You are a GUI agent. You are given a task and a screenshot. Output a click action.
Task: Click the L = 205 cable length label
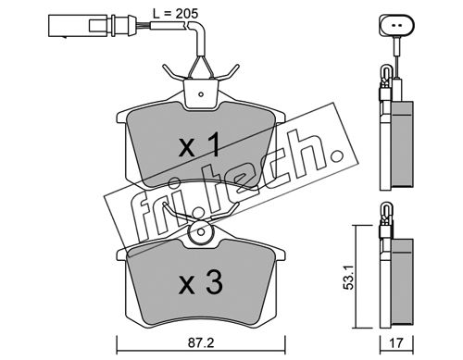175,14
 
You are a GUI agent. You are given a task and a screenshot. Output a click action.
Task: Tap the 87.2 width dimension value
201,343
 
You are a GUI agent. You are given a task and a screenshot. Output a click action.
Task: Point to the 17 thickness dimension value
397,343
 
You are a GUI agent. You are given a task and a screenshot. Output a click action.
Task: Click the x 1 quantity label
200,144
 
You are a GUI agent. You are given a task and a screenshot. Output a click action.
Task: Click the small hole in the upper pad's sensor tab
201,94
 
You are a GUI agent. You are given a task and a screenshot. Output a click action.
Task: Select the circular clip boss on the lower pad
201,232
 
